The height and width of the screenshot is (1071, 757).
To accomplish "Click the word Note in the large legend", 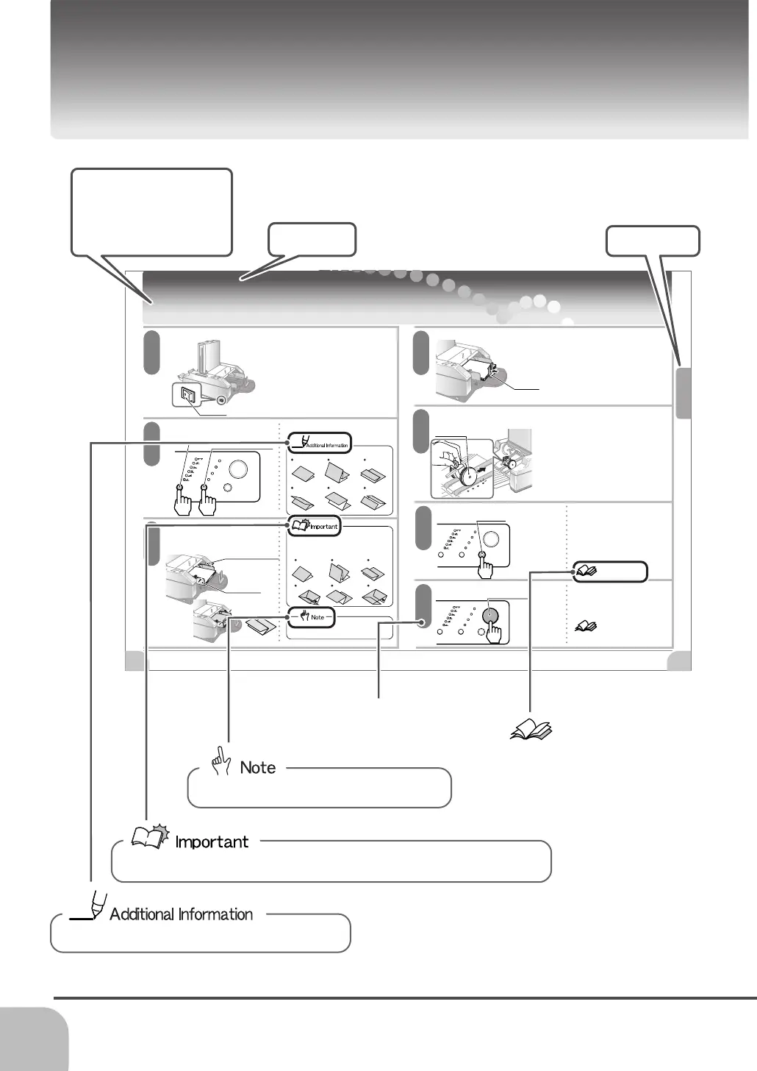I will (x=258, y=768).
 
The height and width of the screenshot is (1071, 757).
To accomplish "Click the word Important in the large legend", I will (x=212, y=842).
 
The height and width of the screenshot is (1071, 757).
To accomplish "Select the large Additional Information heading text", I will (x=181, y=914).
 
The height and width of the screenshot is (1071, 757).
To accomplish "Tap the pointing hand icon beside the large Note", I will (x=220, y=761).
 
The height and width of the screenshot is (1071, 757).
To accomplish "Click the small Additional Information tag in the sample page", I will (x=320, y=443).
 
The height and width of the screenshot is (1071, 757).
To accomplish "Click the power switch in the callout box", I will (x=188, y=397).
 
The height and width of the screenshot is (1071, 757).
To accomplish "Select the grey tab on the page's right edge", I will (x=684, y=393).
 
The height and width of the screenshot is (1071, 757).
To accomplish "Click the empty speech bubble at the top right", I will (x=653, y=241).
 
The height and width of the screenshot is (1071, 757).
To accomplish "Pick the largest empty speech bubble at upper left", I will (x=152, y=212).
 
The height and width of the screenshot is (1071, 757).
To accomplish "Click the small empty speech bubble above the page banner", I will (x=312, y=239).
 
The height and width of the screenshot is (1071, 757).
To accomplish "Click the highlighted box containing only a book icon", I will (x=611, y=571).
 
